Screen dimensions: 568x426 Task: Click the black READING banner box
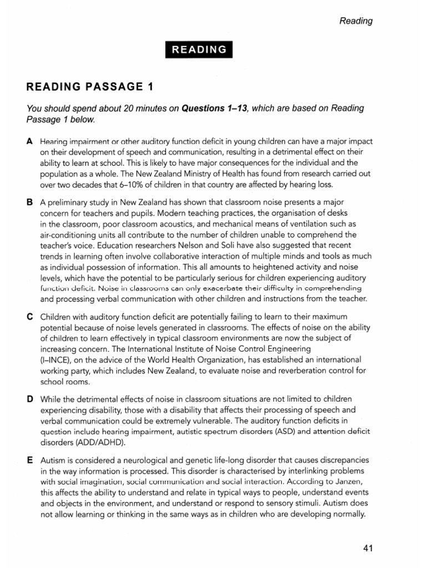(199, 49)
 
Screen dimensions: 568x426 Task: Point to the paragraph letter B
(30, 203)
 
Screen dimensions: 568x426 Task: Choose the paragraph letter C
(30, 316)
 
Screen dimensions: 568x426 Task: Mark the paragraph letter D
(30, 399)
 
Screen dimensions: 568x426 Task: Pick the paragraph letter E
(30, 461)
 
